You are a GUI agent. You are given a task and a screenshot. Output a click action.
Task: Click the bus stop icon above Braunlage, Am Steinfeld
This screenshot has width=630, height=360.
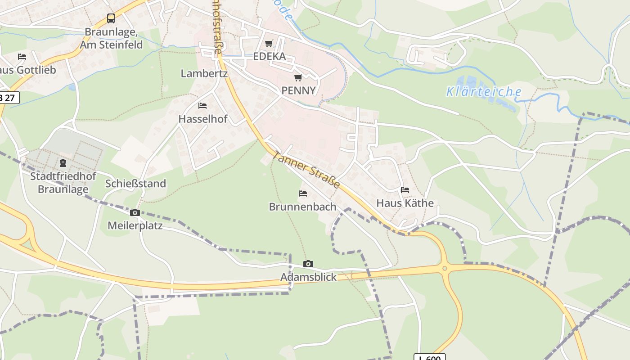pyautogui.click(x=111, y=18)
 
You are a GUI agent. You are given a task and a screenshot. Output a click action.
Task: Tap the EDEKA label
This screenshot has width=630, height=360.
pyautogui.click(x=270, y=56)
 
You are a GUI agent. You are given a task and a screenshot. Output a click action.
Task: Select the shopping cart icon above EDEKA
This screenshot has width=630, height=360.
pyautogui.click(x=269, y=44)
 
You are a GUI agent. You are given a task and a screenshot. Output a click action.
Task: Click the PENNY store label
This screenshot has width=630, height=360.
pyautogui.click(x=298, y=90)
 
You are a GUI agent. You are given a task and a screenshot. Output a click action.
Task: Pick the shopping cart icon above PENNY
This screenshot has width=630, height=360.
pyautogui.click(x=298, y=78)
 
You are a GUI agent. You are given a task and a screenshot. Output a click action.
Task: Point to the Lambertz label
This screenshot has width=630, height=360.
pyautogui.click(x=204, y=73)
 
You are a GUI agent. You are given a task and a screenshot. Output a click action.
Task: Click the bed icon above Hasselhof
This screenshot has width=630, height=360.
pyautogui.click(x=202, y=106)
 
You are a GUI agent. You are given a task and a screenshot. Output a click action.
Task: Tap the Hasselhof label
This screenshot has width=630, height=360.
pyautogui.click(x=203, y=119)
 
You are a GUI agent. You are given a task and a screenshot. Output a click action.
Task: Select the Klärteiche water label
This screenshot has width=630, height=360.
pyautogui.click(x=484, y=92)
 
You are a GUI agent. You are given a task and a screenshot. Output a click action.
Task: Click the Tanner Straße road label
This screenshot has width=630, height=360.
pyautogui.click(x=306, y=170)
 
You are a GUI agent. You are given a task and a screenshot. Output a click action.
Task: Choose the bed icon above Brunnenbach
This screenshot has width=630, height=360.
pyautogui.click(x=303, y=193)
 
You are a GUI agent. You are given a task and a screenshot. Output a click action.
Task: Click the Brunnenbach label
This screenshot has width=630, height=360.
pyautogui.click(x=302, y=207)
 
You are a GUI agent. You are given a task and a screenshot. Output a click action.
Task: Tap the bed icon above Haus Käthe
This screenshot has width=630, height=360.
pyautogui.click(x=405, y=190)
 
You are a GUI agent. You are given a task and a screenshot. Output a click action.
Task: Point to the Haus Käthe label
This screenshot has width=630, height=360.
pyautogui.click(x=405, y=203)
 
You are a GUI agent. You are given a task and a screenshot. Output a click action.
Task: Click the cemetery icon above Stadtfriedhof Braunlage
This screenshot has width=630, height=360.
pyautogui.click(x=63, y=163)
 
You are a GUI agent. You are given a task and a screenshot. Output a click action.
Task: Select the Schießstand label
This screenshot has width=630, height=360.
pyautogui.click(x=135, y=184)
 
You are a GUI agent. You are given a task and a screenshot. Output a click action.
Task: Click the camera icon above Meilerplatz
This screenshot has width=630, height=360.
pyautogui.click(x=135, y=212)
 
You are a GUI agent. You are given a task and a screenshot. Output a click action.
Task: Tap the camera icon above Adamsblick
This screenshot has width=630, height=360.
pyautogui.click(x=308, y=264)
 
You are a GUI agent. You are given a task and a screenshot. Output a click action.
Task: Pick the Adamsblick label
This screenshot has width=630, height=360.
pyautogui.click(x=308, y=277)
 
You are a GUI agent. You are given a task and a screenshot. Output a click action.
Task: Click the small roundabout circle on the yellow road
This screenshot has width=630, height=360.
pyautogui.click(x=445, y=269)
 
